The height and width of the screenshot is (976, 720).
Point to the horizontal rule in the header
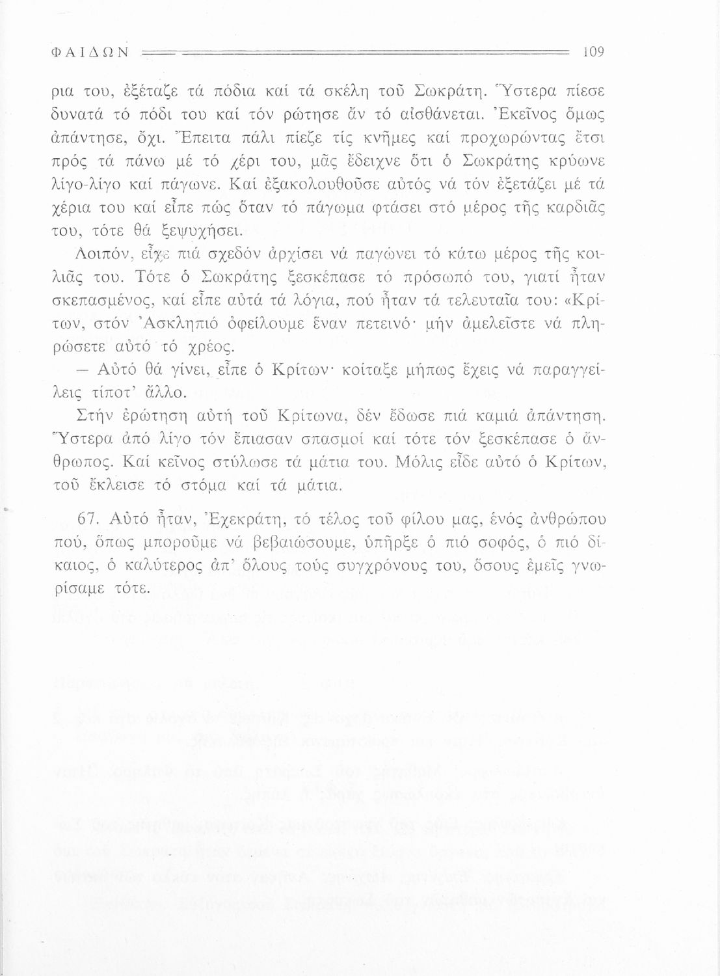pos(354,51)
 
